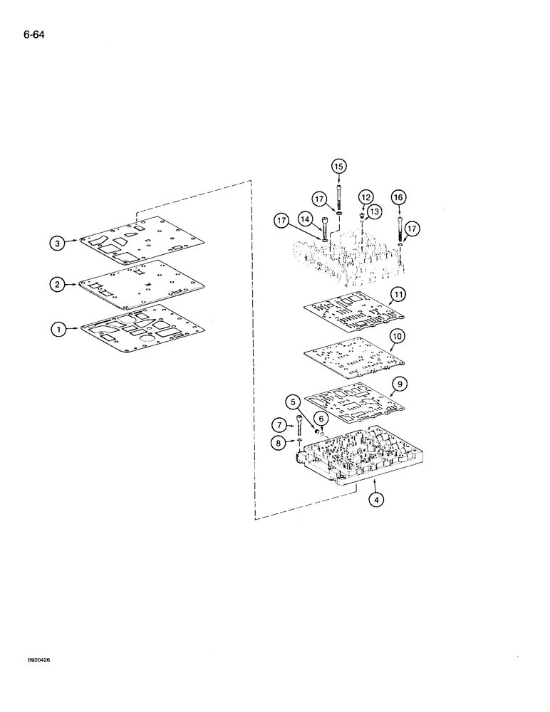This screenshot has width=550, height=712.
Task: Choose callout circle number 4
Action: (x=378, y=499)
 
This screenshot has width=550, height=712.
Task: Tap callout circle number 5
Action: (x=293, y=401)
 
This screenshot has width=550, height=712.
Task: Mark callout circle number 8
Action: (x=279, y=442)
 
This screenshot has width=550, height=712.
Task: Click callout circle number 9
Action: (x=400, y=383)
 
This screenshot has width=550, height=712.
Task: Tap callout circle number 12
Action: (x=365, y=197)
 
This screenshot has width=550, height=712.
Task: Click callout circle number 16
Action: (x=398, y=197)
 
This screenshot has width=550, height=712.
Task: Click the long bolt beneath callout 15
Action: (x=338, y=196)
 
